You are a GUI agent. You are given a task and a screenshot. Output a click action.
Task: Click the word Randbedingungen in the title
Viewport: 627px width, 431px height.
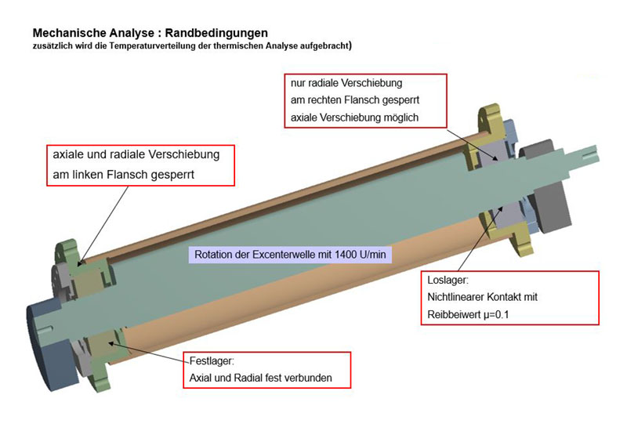(x=216, y=33)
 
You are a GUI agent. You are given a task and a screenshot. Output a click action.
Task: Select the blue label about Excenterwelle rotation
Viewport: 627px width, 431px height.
(x=290, y=254)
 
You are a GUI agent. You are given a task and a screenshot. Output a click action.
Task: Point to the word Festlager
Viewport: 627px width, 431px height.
(x=212, y=361)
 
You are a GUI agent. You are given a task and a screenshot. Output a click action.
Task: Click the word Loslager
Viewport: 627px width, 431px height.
(x=448, y=280)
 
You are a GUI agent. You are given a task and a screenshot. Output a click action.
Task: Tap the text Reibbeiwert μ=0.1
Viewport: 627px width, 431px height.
(x=468, y=315)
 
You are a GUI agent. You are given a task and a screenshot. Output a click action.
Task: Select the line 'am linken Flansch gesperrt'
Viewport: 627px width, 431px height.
(x=124, y=175)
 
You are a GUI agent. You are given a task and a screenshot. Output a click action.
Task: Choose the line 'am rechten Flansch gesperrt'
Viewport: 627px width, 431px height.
(x=355, y=100)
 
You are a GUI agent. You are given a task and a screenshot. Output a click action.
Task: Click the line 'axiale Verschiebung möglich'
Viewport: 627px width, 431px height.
(x=355, y=118)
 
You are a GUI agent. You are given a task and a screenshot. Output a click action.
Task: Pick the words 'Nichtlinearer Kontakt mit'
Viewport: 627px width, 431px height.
(x=482, y=297)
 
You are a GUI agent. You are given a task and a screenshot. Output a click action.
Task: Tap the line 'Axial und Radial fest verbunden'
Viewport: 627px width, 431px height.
(x=261, y=378)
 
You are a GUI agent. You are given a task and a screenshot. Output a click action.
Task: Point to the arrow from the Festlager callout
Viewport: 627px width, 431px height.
(x=149, y=352)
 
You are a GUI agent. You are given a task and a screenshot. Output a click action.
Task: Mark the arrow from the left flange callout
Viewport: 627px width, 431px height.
(x=103, y=226)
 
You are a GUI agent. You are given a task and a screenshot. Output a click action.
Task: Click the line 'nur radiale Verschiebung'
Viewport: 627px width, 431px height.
(x=346, y=83)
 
